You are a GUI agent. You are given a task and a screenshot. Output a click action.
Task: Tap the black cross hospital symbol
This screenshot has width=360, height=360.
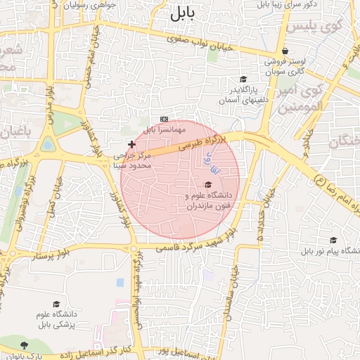pos(131,143)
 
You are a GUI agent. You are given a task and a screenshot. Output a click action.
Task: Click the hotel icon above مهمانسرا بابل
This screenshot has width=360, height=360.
pos(164,120)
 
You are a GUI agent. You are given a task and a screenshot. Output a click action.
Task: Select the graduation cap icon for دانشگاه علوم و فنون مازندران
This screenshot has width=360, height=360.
pos(207,184)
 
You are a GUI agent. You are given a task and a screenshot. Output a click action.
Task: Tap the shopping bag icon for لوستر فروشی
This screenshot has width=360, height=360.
pos(284,51)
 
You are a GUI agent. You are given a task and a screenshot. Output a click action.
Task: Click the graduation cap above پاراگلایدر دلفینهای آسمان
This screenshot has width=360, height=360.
pos(244,79)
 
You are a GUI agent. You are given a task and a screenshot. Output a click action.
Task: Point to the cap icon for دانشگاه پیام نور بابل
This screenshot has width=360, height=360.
pos(333,240)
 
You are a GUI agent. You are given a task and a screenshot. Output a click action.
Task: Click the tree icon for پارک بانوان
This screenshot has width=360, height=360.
pos(25,345)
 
